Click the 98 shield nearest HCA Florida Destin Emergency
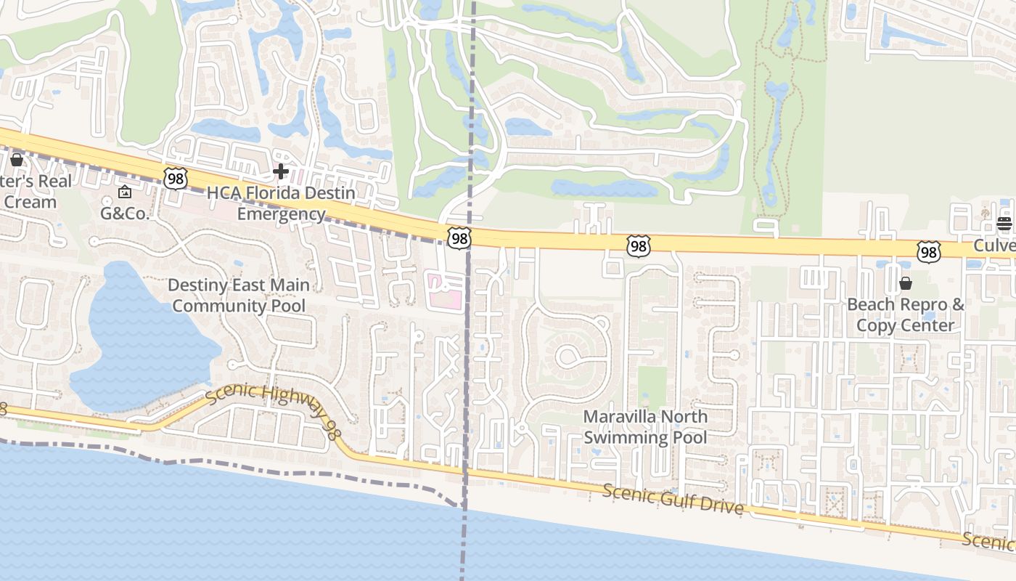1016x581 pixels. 176,178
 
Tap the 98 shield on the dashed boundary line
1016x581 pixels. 459,237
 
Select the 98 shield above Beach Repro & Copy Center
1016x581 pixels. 928,251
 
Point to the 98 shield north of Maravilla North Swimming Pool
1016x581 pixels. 638,246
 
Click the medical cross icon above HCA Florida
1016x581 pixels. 281,172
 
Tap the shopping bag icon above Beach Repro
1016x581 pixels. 906,283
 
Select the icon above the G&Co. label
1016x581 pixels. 124,192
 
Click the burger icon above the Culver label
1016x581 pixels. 1004,224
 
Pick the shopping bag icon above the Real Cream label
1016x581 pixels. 16,159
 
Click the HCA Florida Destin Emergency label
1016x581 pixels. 281,203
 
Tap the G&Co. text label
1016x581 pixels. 124,214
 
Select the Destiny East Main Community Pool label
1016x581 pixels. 239,295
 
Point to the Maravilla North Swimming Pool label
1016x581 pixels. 645,427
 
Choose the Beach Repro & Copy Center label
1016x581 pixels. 906,314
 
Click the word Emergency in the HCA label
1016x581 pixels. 281,214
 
